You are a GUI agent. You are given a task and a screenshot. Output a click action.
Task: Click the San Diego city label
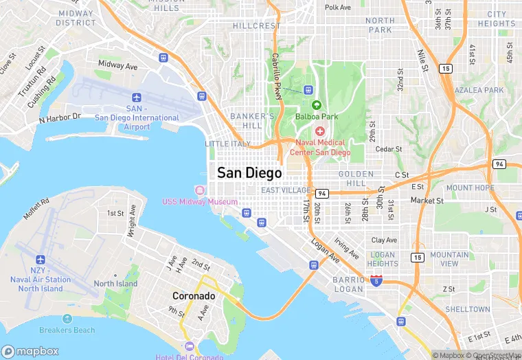[249, 173]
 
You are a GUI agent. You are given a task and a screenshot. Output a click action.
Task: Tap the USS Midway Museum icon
[200, 190]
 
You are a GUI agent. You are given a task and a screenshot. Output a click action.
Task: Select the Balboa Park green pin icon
[317, 105]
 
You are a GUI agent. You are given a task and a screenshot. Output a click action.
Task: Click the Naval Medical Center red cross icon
[319, 131]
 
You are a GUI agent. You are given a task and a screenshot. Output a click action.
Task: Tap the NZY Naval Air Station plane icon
[40, 260]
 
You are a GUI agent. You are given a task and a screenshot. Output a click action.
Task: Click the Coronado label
[194, 296]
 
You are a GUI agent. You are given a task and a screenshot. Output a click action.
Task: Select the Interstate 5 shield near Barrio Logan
[376, 280]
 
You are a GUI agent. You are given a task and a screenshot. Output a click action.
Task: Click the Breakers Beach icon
[67, 319]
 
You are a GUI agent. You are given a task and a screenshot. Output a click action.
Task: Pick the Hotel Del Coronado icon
[189, 346]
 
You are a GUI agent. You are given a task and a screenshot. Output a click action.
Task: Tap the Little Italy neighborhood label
[227, 144]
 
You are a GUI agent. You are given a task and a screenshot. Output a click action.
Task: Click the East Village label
[286, 190]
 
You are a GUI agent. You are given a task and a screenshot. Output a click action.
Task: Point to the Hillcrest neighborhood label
[257, 25]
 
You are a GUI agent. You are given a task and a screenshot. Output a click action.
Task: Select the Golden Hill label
[356, 179]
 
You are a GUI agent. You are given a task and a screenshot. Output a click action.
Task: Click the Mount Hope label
[470, 188]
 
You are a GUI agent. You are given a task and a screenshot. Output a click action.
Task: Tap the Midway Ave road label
[117, 65]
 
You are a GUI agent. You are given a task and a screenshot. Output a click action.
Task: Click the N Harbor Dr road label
[60, 119]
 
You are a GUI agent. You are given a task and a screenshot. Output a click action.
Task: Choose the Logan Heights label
[382, 259]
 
